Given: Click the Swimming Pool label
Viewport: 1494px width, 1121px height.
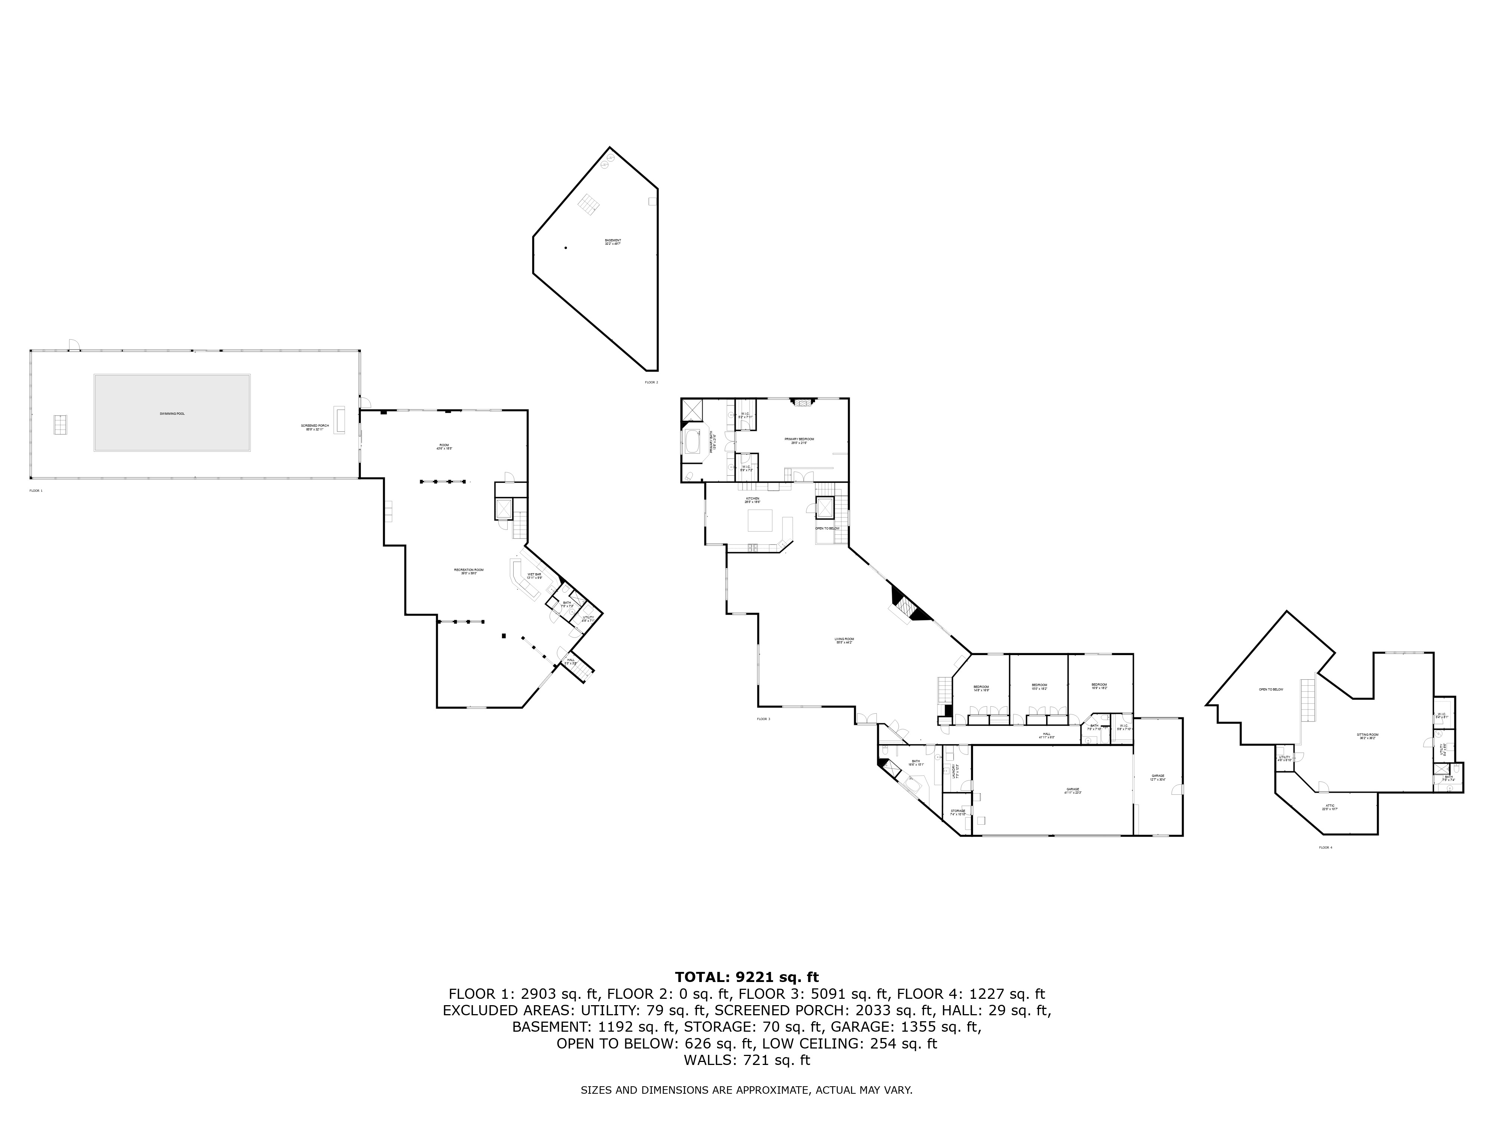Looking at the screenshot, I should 171,413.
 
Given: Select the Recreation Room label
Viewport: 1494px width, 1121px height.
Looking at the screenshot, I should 469,571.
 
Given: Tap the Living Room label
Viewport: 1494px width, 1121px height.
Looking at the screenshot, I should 844,640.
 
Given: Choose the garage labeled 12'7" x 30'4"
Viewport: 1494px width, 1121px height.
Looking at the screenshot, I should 1157,778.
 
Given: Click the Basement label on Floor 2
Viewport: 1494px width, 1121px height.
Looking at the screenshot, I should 613,242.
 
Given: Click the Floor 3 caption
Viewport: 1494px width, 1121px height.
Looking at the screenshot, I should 763,719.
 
